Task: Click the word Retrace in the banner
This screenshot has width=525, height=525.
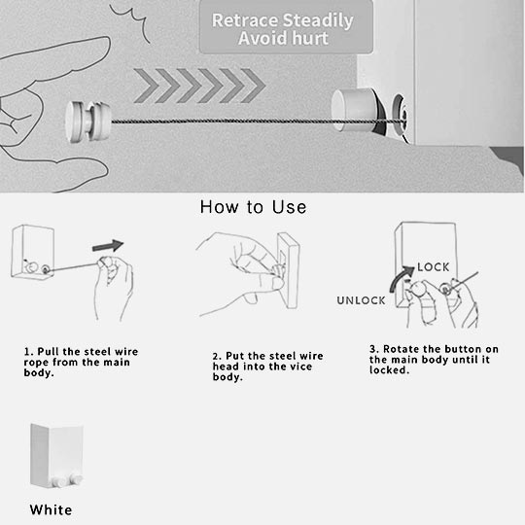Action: (x=245, y=20)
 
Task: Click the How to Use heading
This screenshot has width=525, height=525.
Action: (x=253, y=207)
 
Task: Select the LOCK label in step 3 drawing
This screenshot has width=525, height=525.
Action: (x=434, y=267)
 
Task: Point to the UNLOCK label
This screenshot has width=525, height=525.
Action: (x=361, y=300)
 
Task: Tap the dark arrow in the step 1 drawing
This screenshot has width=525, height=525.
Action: (x=108, y=246)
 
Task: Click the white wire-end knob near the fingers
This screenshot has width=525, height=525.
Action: (x=87, y=122)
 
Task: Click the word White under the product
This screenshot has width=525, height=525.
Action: (x=51, y=510)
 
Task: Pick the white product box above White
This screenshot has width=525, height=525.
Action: (x=56, y=455)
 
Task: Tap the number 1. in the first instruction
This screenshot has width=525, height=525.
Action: (x=29, y=352)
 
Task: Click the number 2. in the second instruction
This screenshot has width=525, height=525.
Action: (x=218, y=356)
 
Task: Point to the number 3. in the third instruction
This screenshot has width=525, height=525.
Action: (x=374, y=349)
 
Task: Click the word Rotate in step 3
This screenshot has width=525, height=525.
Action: (x=401, y=349)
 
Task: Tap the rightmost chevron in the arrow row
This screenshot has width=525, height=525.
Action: (x=254, y=86)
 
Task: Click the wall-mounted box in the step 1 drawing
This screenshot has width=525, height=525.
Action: (x=32, y=251)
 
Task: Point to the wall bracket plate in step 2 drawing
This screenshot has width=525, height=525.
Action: (x=288, y=270)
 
